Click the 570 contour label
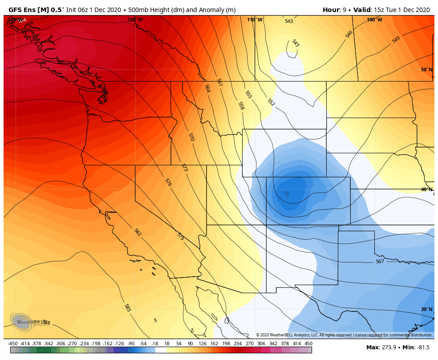click(x=191, y=137)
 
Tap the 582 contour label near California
click(x=138, y=232)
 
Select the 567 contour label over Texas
click(x=379, y=262)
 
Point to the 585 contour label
click(x=127, y=307)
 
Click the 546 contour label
click(x=349, y=34)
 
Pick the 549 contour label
click(x=396, y=39)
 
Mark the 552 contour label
click(x=271, y=102)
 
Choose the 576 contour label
click(x=168, y=182)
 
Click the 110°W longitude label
click(x=255, y=20)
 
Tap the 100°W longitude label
click(x=374, y=20)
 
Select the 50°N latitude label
click(x=426, y=70)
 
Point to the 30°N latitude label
click(x=426, y=309)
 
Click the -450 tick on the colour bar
click(x=13, y=344)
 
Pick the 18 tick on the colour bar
click(x=167, y=344)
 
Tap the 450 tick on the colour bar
click(x=308, y=344)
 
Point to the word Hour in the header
click(x=331, y=10)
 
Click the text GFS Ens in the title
click(x=22, y=10)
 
